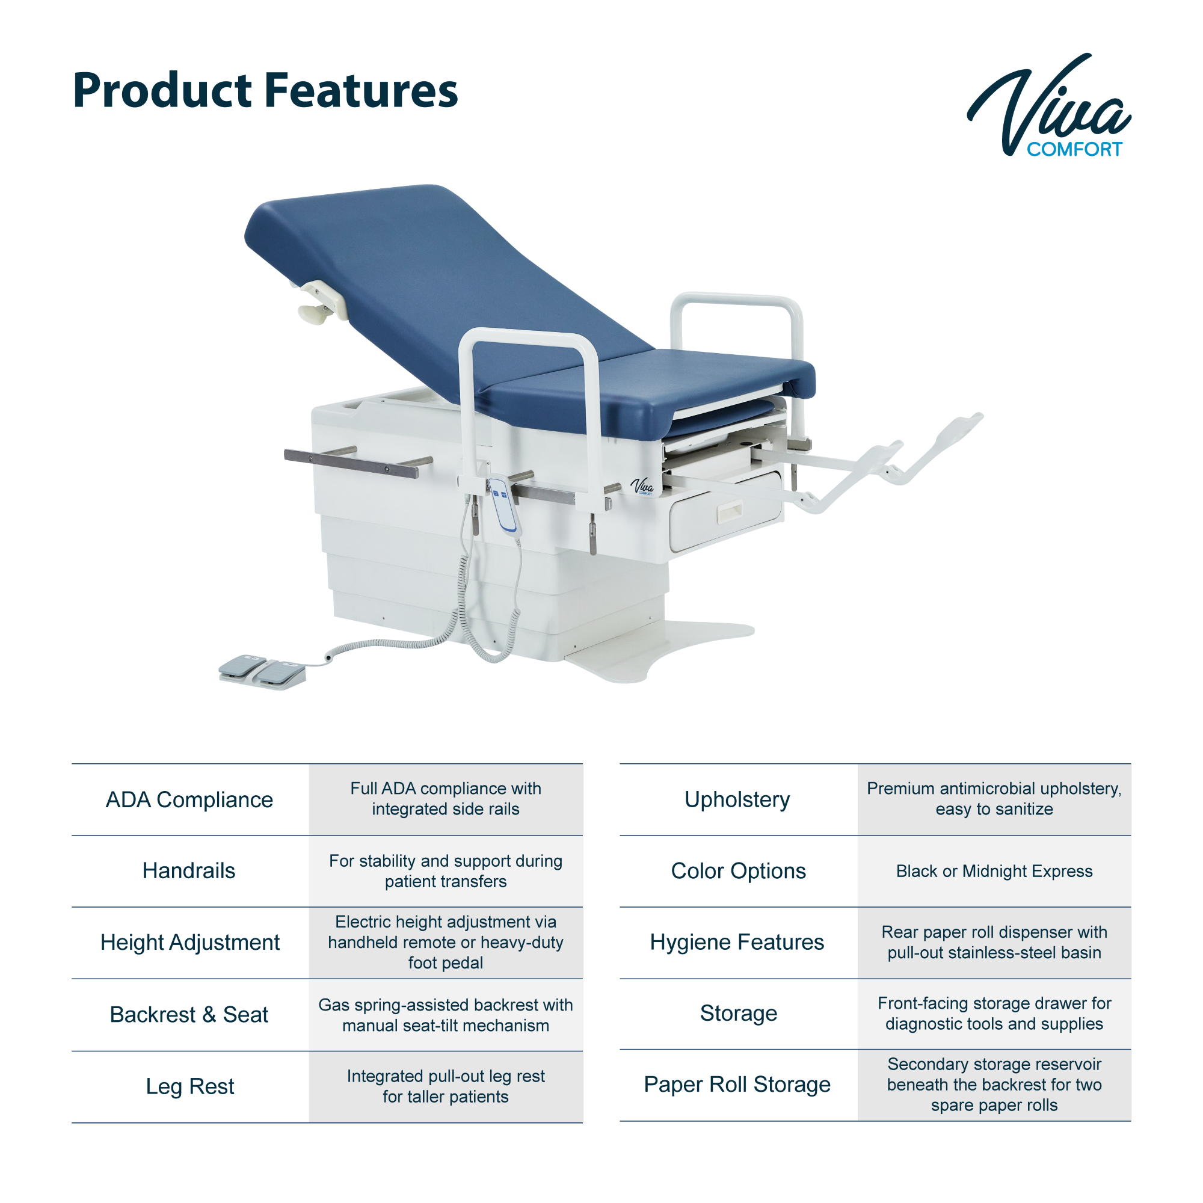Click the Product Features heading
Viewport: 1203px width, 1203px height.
[x=265, y=91]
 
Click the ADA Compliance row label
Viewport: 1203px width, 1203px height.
[x=189, y=799]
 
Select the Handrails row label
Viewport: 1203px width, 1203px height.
[x=189, y=870]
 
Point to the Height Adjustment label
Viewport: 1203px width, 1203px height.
[x=190, y=943]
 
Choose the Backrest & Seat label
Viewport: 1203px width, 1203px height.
[x=189, y=1014]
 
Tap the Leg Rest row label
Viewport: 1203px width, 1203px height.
[x=190, y=1086]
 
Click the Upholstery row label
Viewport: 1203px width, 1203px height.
[x=737, y=799]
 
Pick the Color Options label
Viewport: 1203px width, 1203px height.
[x=739, y=870]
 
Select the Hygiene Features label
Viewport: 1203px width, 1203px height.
[x=737, y=942]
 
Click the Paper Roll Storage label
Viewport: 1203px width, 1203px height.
[x=737, y=1085]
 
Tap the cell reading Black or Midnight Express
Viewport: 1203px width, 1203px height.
[x=994, y=870]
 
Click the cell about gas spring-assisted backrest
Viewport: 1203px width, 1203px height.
[x=446, y=1015]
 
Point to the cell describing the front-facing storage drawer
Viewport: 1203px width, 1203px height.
[x=994, y=1014]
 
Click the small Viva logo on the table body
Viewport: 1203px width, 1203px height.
[x=642, y=486]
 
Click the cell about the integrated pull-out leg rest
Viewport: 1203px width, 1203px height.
[x=446, y=1086]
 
